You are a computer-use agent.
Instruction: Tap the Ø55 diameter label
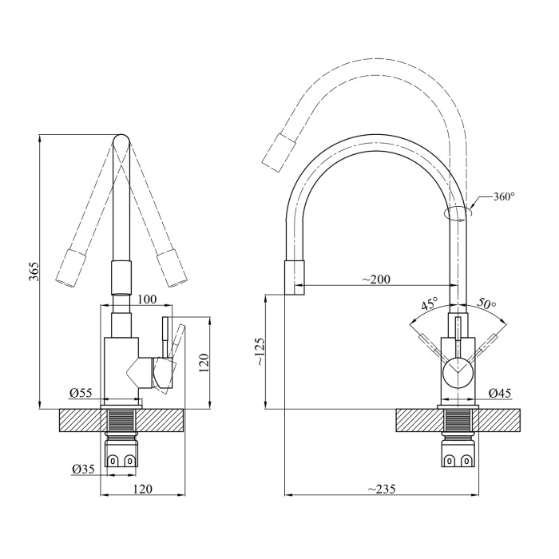(81, 393)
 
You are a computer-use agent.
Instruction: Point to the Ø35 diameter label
(83, 469)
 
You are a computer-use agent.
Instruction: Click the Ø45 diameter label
(500, 392)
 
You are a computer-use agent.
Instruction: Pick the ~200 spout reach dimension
(376, 279)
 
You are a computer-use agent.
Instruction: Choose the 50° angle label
(486, 304)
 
